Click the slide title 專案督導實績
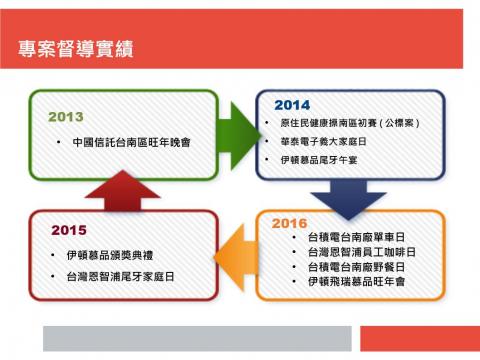(77, 49)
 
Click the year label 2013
(66, 117)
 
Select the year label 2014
(291, 105)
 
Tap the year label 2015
(69, 231)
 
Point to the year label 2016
(289, 223)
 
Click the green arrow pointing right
(237, 128)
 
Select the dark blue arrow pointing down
(360, 194)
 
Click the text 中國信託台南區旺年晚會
(132, 142)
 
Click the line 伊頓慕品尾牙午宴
(321, 160)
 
